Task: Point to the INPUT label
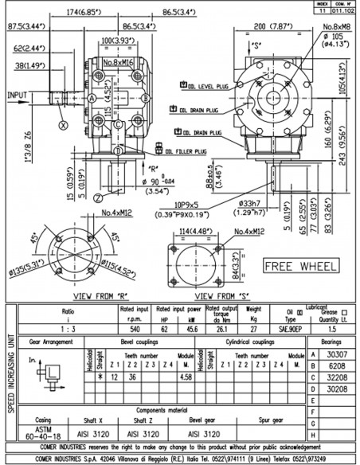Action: [17, 94]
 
